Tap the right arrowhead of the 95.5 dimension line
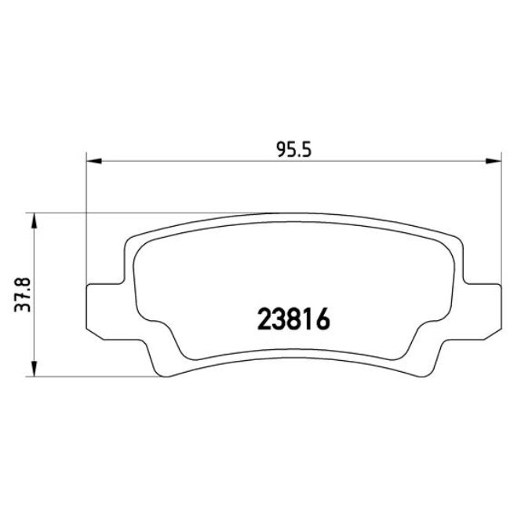click(x=495, y=162)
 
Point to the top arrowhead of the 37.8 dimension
click(x=33, y=219)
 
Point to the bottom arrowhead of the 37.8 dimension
click(x=33, y=370)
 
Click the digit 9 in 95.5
click(x=281, y=149)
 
